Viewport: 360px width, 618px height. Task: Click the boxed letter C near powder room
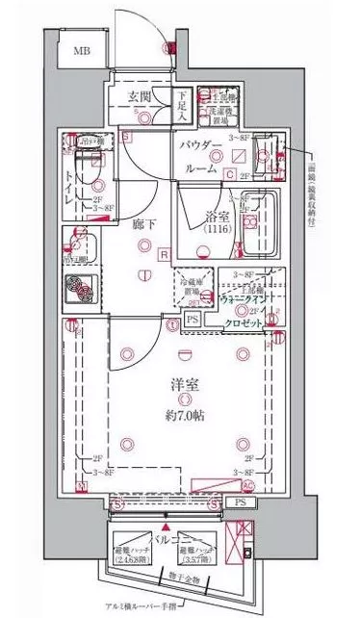click(x=230, y=173)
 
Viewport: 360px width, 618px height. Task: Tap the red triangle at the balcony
click(x=167, y=528)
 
